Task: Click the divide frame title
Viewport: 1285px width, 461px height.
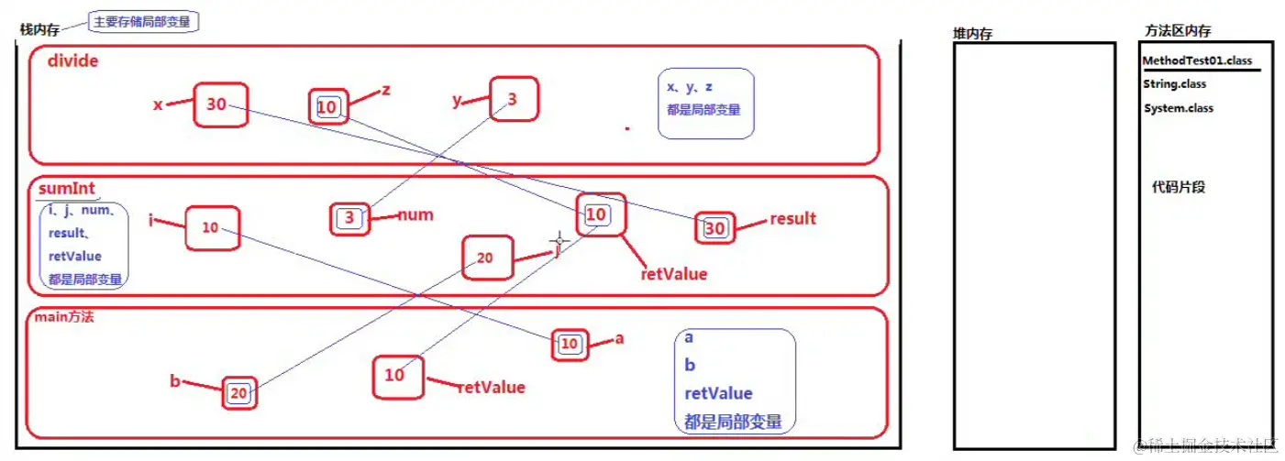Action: pos(72,62)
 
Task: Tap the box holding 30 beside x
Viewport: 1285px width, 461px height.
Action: pos(220,104)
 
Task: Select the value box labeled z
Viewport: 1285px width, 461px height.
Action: pos(327,107)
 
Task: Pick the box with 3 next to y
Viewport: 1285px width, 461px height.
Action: pos(513,100)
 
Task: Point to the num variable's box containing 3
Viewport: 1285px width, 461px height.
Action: pos(349,218)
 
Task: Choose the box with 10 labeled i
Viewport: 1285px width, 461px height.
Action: pos(211,227)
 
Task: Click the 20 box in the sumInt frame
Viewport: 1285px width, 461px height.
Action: pos(485,258)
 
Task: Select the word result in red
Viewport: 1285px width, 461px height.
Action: pos(792,218)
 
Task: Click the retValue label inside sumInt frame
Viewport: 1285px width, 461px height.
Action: pos(674,273)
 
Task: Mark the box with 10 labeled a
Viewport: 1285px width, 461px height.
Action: pos(570,344)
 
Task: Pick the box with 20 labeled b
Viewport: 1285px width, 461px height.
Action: pos(238,393)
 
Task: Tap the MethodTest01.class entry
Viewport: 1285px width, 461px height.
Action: pos(1197,61)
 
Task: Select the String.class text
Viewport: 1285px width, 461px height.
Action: pos(1175,84)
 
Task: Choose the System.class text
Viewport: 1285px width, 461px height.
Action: pos(1179,108)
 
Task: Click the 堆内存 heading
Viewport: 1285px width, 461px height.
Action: pos(973,34)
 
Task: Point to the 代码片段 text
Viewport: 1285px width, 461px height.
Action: pos(1179,187)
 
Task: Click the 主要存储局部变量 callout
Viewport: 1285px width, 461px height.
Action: pos(143,20)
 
